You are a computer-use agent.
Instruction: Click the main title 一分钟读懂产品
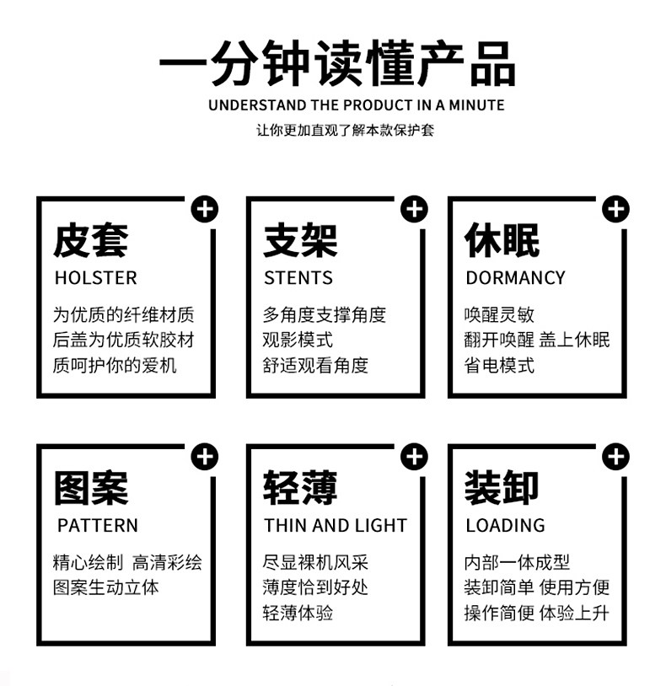coord(336,62)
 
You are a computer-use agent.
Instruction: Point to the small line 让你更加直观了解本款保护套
coord(345,131)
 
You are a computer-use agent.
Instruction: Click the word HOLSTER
coord(95,278)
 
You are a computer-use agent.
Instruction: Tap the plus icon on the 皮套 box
coord(204,209)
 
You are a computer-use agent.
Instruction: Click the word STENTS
coord(298,278)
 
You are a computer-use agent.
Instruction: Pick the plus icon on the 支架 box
coord(414,209)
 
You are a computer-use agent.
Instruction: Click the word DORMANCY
coord(515,278)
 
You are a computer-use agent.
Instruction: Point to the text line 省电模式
coord(500,366)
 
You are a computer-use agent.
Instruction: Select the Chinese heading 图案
coord(90,488)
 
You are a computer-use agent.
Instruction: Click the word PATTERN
coord(98,525)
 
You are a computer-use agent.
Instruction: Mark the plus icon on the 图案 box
coord(204,458)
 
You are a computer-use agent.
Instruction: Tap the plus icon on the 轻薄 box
coord(414,458)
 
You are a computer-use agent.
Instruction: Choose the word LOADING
coord(505,525)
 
